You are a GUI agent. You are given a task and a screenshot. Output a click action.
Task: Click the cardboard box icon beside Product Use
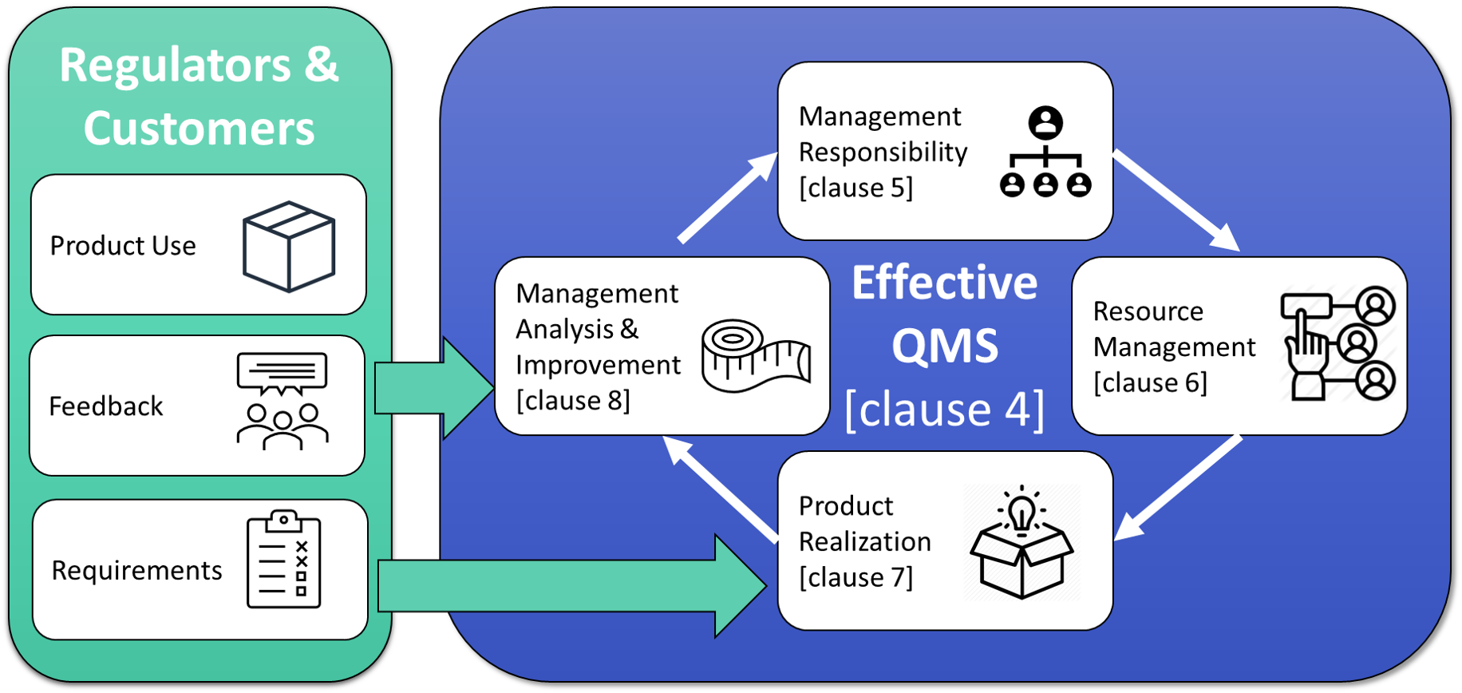(289, 246)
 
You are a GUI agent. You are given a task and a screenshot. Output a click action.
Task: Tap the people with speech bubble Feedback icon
(282, 402)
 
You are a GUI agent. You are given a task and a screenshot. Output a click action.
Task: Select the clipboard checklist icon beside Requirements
(283, 560)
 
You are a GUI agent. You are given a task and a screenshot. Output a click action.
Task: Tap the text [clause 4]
(944, 410)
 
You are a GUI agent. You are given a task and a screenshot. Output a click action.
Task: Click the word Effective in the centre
(944, 283)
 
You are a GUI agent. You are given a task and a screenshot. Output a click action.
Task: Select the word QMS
(944, 346)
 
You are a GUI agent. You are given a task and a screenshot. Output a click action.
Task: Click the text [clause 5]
(855, 188)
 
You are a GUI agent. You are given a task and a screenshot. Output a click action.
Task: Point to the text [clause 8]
(573, 400)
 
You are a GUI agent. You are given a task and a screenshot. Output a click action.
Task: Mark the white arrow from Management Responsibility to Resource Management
(1176, 200)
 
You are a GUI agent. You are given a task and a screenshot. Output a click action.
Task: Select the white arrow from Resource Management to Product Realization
(1178, 487)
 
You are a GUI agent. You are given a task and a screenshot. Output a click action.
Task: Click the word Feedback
(106, 406)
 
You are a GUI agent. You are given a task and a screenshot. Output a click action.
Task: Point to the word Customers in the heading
(200, 129)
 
